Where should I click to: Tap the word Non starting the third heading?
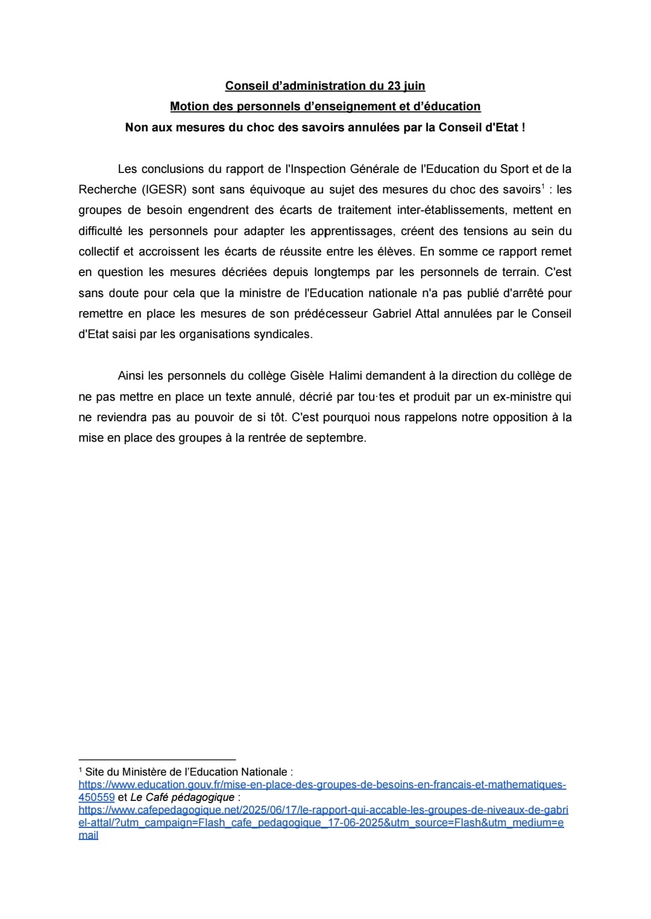click(137, 127)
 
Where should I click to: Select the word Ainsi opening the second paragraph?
click(131, 376)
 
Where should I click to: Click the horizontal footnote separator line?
click(157, 760)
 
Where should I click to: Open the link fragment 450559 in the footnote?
click(96, 797)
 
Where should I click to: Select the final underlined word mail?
click(88, 835)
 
